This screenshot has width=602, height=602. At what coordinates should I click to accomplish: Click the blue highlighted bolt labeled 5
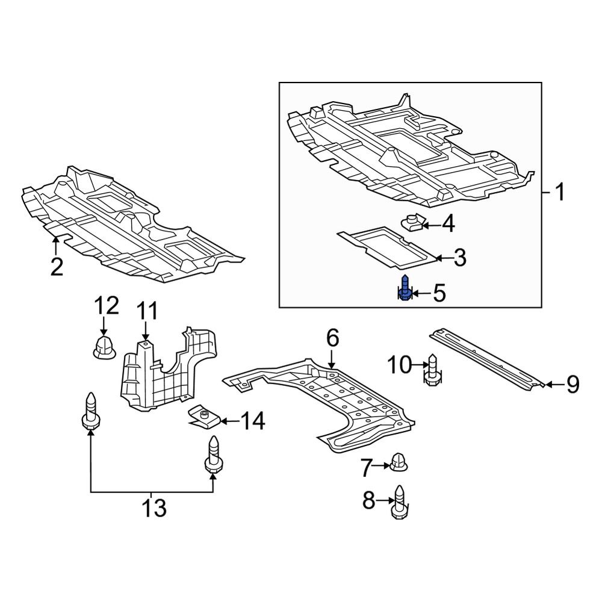pos(406,288)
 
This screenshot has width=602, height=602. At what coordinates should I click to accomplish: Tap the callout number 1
pos(560,193)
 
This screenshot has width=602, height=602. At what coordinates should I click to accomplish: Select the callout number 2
pos(57,266)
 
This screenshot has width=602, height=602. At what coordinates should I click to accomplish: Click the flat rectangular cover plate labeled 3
pos(385,247)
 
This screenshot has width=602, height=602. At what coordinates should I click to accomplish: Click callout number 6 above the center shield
pos(333,338)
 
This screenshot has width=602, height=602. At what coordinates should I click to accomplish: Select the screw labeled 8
pos(398,500)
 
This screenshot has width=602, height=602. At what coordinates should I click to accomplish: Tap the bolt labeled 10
pos(432,369)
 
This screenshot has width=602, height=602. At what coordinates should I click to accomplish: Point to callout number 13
pos(154,509)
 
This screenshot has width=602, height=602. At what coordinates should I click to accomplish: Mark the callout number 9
pos(571,383)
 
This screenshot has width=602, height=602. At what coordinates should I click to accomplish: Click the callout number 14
pos(253,421)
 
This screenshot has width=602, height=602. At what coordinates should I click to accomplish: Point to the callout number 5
pos(439,294)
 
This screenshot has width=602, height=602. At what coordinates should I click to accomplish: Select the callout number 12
pos(106,307)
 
